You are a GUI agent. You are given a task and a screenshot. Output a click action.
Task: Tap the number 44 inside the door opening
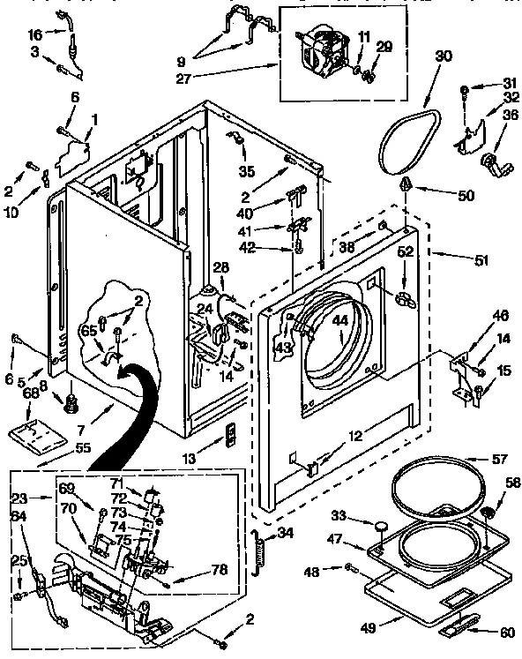point(340,321)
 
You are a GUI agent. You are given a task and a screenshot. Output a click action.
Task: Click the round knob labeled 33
point(380,528)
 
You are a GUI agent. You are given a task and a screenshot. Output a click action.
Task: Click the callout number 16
point(34,34)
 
